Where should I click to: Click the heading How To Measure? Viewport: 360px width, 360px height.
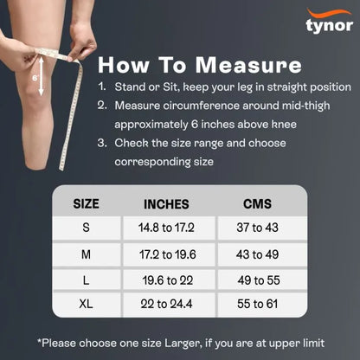coord(199,66)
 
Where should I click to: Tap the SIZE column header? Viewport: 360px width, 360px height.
coord(86,204)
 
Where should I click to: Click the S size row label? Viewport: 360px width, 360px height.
coord(86,228)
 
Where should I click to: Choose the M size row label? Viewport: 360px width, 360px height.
coord(86,255)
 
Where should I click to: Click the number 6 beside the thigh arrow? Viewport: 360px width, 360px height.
coord(35,75)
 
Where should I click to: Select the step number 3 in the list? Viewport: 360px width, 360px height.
coord(102,144)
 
